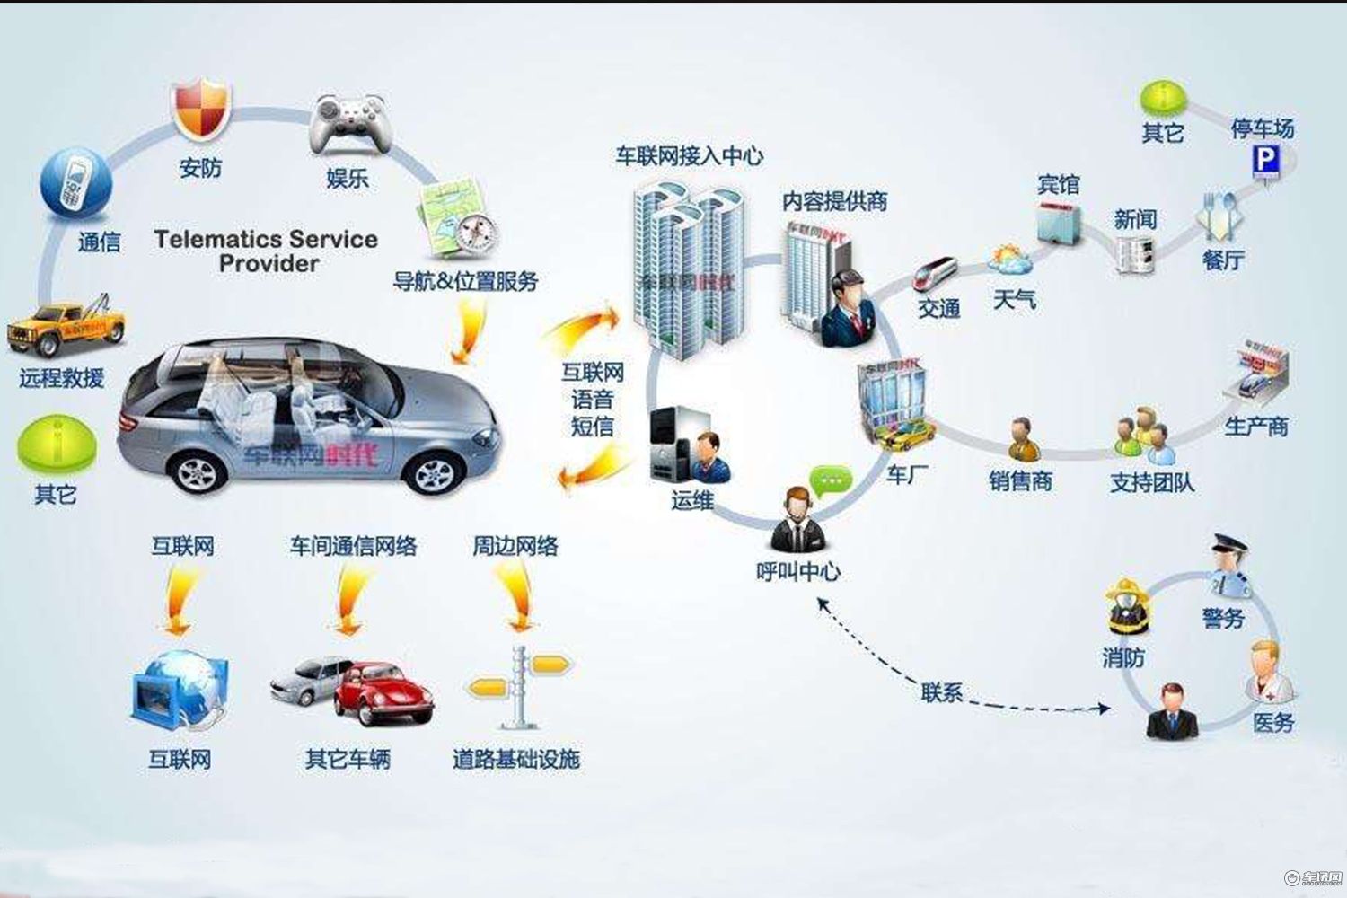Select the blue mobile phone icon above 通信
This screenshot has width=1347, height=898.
[x=75, y=184]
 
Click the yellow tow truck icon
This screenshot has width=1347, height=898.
[x=65, y=328]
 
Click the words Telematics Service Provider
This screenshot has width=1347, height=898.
[x=266, y=251]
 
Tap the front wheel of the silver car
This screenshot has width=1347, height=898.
[x=432, y=474]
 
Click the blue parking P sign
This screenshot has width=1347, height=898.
[x=1266, y=161]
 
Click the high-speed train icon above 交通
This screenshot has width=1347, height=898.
[x=937, y=273]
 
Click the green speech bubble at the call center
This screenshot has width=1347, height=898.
[x=831, y=481]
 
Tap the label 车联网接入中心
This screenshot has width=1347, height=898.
[x=689, y=155]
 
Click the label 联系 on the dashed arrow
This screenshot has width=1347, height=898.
[x=941, y=692]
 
